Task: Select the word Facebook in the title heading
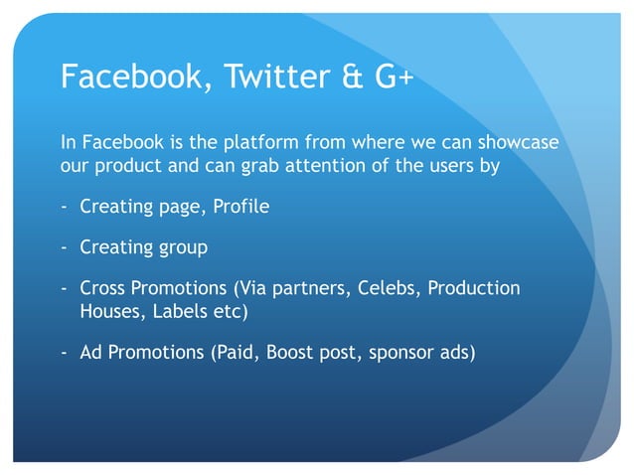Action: [127, 77]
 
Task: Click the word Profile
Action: [241, 208]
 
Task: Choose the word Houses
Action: [108, 311]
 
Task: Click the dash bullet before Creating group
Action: [65, 247]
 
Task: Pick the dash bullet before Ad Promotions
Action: [65, 352]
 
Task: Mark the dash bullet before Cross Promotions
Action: [65, 288]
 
